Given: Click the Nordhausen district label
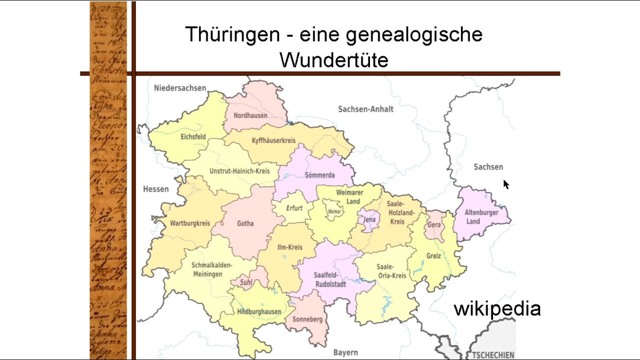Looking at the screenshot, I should pyautogui.click(x=250, y=115).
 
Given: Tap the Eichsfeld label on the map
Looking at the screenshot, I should pyautogui.click(x=193, y=136).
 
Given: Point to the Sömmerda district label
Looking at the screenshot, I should pyautogui.click(x=319, y=175).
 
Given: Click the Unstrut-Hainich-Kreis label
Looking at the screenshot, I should pyautogui.click(x=239, y=171).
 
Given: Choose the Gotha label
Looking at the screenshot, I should pyautogui.click(x=245, y=223).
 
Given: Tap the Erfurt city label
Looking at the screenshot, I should pyautogui.click(x=294, y=208).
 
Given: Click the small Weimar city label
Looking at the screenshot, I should pyautogui.click(x=334, y=212).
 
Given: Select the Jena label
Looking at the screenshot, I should pyautogui.click(x=369, y=219).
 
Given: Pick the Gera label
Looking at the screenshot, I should pyautogui.click(x=434, y=225).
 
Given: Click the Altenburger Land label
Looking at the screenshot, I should pyautogui.click(x=481, y=217).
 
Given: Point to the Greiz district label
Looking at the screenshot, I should pyautogui.click(x=433, y=255).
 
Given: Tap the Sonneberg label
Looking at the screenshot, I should pyautogui.click(x=307, y=319).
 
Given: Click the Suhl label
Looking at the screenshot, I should pyautogui.click(x=246, y=282).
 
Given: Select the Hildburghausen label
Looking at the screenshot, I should pyautogui.click(x=259, y=311).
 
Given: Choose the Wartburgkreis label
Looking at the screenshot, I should pyautogui.click(x=190, y=223).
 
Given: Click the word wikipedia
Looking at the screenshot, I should pyautogui.click(x=497, y=308).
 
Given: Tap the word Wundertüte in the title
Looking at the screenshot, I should pyautogui.click(x=334, y=60).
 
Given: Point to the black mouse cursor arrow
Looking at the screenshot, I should pyautogui.click(x=505, y=184).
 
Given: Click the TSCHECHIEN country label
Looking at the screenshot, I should pyautogui.click(x=492, y=355).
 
